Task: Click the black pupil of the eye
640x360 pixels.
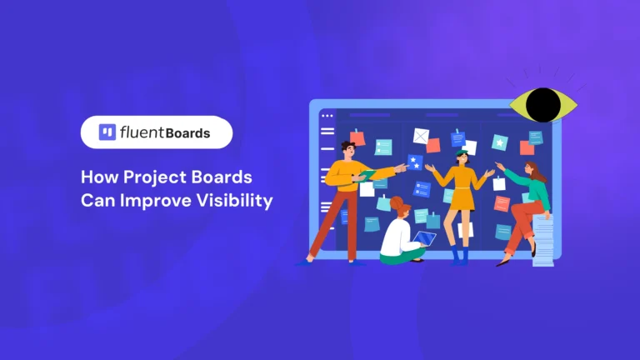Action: [544, 104]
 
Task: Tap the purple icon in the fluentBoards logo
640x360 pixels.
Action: [107, 132]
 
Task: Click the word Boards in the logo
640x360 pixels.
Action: [187, 132]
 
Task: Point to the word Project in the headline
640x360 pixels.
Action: [162, 178]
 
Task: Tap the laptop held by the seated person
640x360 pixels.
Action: [425, 240]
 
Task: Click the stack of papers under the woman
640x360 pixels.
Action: [542, 241]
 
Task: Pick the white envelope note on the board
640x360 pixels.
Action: [420, 135]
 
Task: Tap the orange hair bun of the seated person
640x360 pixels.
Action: [396, 201]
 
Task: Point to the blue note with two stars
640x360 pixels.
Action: [414, 162]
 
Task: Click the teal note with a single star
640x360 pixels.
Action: [499, 142]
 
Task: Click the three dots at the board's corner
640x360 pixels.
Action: [327, 115]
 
